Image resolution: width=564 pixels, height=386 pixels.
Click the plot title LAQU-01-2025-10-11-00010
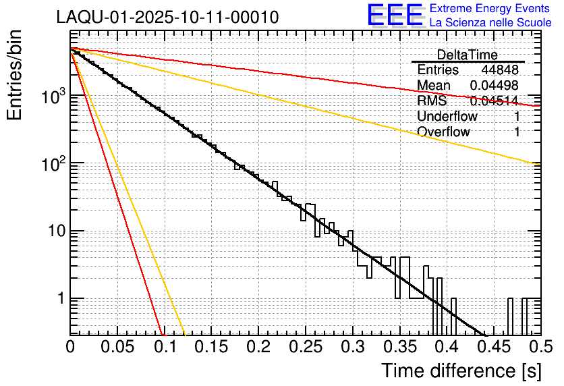click(x=167, y=18)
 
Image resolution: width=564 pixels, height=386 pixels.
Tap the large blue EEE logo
click(x=395, y=16)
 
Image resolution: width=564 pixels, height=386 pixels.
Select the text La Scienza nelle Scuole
click(x=490, y=22)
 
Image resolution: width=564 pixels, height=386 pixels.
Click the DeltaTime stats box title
click(x=468, y=55)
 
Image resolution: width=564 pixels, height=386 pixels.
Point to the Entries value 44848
click(x=499, y=70)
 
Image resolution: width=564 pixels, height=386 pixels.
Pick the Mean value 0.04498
click(x=494, y=86)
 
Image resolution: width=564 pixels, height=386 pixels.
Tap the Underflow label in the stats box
click(x=447, y=117)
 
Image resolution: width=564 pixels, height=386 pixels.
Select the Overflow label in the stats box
click(x=443, y=132)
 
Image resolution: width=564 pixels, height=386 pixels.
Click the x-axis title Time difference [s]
click(x=461, y=370)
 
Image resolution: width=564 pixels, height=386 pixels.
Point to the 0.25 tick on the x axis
click(x=306, y=347)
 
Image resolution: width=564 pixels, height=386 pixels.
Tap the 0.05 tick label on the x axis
click(x=117, y=347)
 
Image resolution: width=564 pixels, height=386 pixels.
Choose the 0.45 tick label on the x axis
click(x=493, y=347)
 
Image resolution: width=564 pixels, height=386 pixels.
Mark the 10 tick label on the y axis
click(x=52, y=231)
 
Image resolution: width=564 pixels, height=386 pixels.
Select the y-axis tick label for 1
click(x=57, y=299)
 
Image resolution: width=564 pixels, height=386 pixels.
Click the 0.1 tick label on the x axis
click(x=165, y=347)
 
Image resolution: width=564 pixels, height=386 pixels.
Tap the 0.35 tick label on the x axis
click(x=399, y=347)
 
